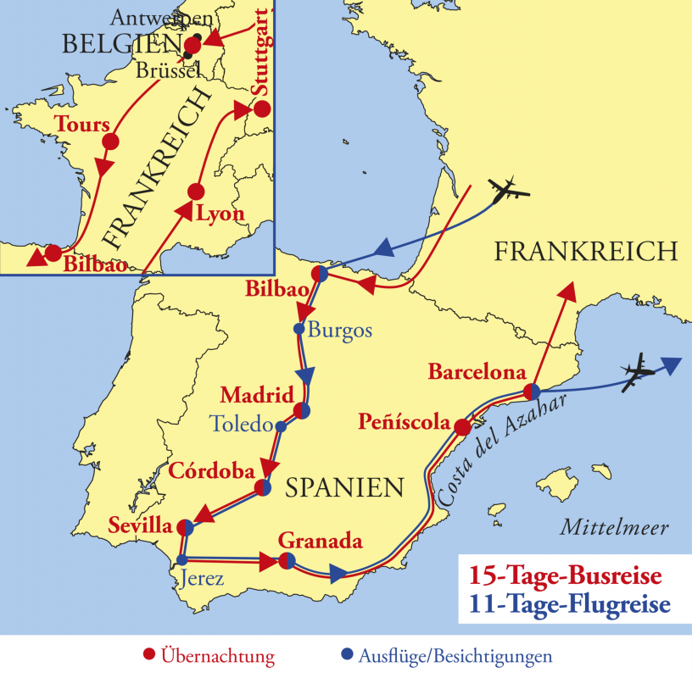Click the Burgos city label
339,331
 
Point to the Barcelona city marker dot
532,392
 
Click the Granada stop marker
287,561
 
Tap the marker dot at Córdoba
263,488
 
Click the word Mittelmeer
614,528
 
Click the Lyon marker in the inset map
196,192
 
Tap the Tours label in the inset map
82,124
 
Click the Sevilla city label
140,525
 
